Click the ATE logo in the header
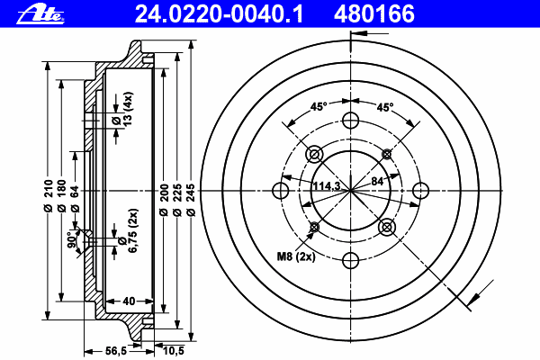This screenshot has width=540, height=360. click(40, 14)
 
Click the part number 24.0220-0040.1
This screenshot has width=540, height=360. click(219, 13)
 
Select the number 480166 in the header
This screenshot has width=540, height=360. click(374, 13)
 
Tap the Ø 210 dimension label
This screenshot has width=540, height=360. click(49, 195)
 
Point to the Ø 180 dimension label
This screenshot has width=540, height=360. click(61, 195)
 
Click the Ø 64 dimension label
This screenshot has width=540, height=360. click(75, 199)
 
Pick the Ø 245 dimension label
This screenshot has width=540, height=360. click(192, 200)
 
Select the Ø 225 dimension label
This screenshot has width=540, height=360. click(177, 200)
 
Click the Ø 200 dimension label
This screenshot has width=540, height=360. click(165, 200)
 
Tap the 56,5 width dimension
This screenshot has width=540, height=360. click(116, 351)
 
